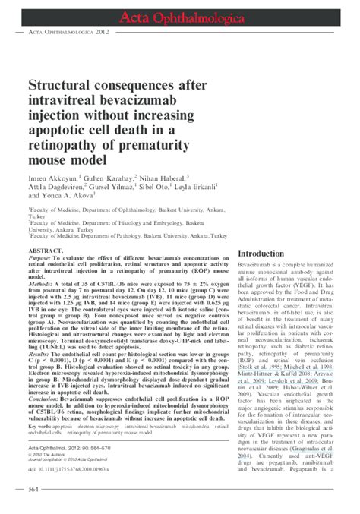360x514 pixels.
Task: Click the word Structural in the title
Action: (62, 87)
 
